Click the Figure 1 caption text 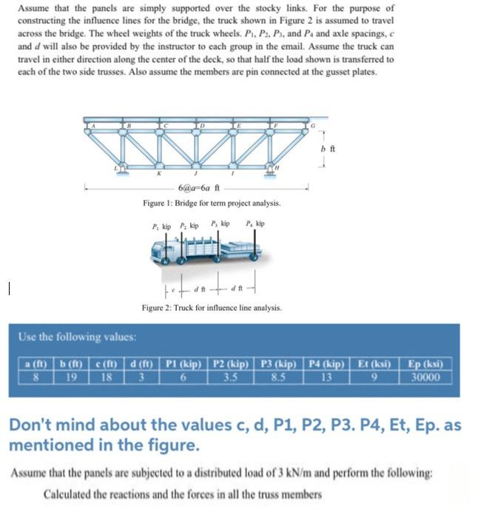click(x=212, y=202)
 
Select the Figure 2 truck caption click(x=212, y=306)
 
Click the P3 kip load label click(x=220, y=224)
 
